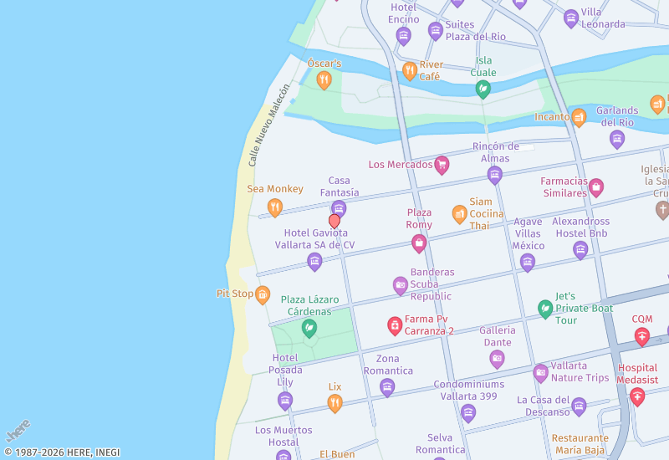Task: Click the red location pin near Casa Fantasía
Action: click(334, 221)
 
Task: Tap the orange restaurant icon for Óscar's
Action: click(324, 80)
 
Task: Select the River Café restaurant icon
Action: click(410, 71)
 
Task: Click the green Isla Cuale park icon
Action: click(483, 89)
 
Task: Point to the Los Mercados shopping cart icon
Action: click(442, 165)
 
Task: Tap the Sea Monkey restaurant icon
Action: click(274, 207)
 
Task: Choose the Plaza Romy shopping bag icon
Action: click(419, 243)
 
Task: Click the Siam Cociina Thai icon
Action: click(459, 214)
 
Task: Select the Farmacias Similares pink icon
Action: click(595, 187)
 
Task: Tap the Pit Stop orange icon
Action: click(263, 294)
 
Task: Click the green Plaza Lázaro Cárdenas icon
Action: click(309, 328)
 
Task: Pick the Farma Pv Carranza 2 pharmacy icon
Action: click(395, 325)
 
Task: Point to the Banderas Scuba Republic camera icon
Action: click(401, 286)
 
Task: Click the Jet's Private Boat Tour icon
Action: click(545, 309)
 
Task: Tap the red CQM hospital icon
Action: click(641, 336)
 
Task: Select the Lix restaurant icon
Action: click(334, 404)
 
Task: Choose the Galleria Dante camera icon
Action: click(497, 359)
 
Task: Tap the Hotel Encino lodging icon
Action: click(403, 36)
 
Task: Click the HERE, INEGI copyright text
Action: click(62, 452)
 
